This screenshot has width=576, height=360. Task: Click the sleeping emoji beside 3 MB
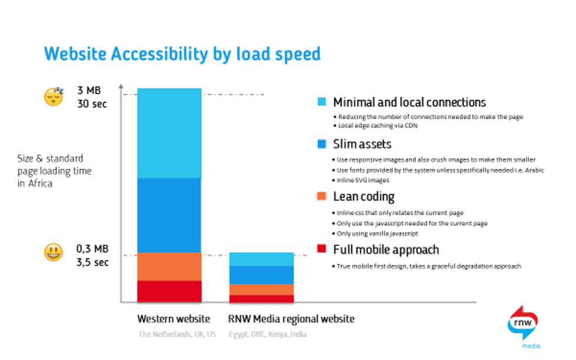pos(54,96)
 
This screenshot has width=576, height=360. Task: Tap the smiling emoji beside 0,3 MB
pos(54,254)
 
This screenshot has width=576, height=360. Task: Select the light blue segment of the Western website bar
pos(169,133)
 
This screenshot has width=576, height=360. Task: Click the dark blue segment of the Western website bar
pos(169,215)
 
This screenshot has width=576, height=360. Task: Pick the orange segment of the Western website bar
pos(169,266)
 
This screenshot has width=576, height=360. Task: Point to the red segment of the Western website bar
pos(169,291)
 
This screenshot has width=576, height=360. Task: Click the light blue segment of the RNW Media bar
pos(261,259)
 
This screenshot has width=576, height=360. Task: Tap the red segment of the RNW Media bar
pos(261,299)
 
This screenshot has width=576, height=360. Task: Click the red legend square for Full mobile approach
pos(321,249)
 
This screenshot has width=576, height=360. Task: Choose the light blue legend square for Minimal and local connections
pos(321,102)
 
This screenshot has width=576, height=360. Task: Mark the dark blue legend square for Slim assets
pos(321,144)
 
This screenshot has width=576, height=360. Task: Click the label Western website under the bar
pos(173,319)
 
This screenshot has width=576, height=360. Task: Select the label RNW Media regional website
pos(291,319)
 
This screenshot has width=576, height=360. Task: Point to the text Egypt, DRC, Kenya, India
pos(267,335)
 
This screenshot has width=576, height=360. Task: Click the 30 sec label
pos(93,104)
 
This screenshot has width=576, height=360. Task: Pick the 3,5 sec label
pos(93,262)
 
